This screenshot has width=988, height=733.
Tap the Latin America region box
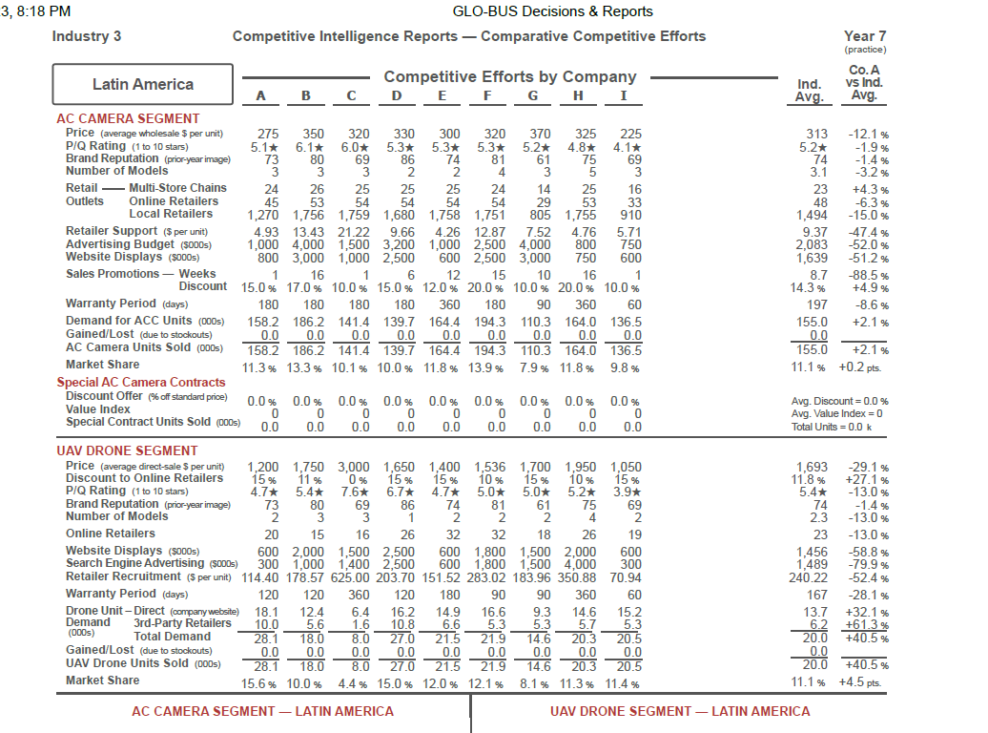(142, 84)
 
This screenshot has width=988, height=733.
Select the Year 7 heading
(864, 36)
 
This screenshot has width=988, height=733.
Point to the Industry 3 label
(87, 36)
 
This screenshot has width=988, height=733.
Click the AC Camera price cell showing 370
(540, 135)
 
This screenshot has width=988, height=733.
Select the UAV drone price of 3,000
(353, 466)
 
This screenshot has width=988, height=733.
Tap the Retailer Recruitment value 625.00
(353, 576)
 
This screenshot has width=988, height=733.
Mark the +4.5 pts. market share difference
(862, 681)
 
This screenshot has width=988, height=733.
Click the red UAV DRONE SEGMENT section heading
(127, 450)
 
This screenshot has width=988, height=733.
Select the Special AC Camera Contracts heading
(141, 382)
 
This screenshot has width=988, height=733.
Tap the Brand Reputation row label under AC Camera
(113, 158)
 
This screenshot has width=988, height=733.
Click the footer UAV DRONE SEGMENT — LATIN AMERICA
(680, 711)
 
